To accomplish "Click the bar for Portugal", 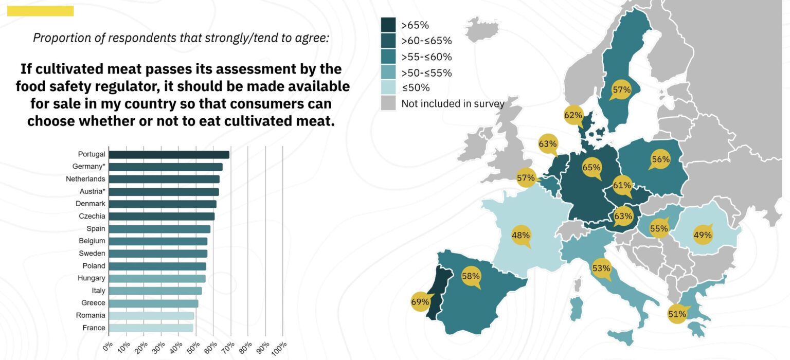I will (x=169, y=154).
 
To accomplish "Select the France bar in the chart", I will (x=151, y=328).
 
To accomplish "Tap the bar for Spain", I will (x=159, y=229).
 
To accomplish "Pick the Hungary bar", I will (x=157, y=278).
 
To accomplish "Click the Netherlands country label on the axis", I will (x=85, y=179).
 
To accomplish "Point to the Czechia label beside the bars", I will (x=93, y=216).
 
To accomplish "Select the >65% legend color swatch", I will (x=388, y=25).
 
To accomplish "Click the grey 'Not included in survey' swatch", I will (x=388, y=103).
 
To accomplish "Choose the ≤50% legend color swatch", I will (x=388, y=87).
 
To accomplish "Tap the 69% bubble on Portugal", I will (x=420, y=302).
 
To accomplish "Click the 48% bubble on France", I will (x=520, y=236).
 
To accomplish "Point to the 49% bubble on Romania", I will (x=703, y=235).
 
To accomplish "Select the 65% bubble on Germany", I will (x=591, y=167).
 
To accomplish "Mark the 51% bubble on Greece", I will (x=677, y=314).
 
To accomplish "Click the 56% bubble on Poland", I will (x=660, y=159).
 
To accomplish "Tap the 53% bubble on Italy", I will (x=601, y=268).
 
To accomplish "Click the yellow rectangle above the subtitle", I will (x=41, y=11).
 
